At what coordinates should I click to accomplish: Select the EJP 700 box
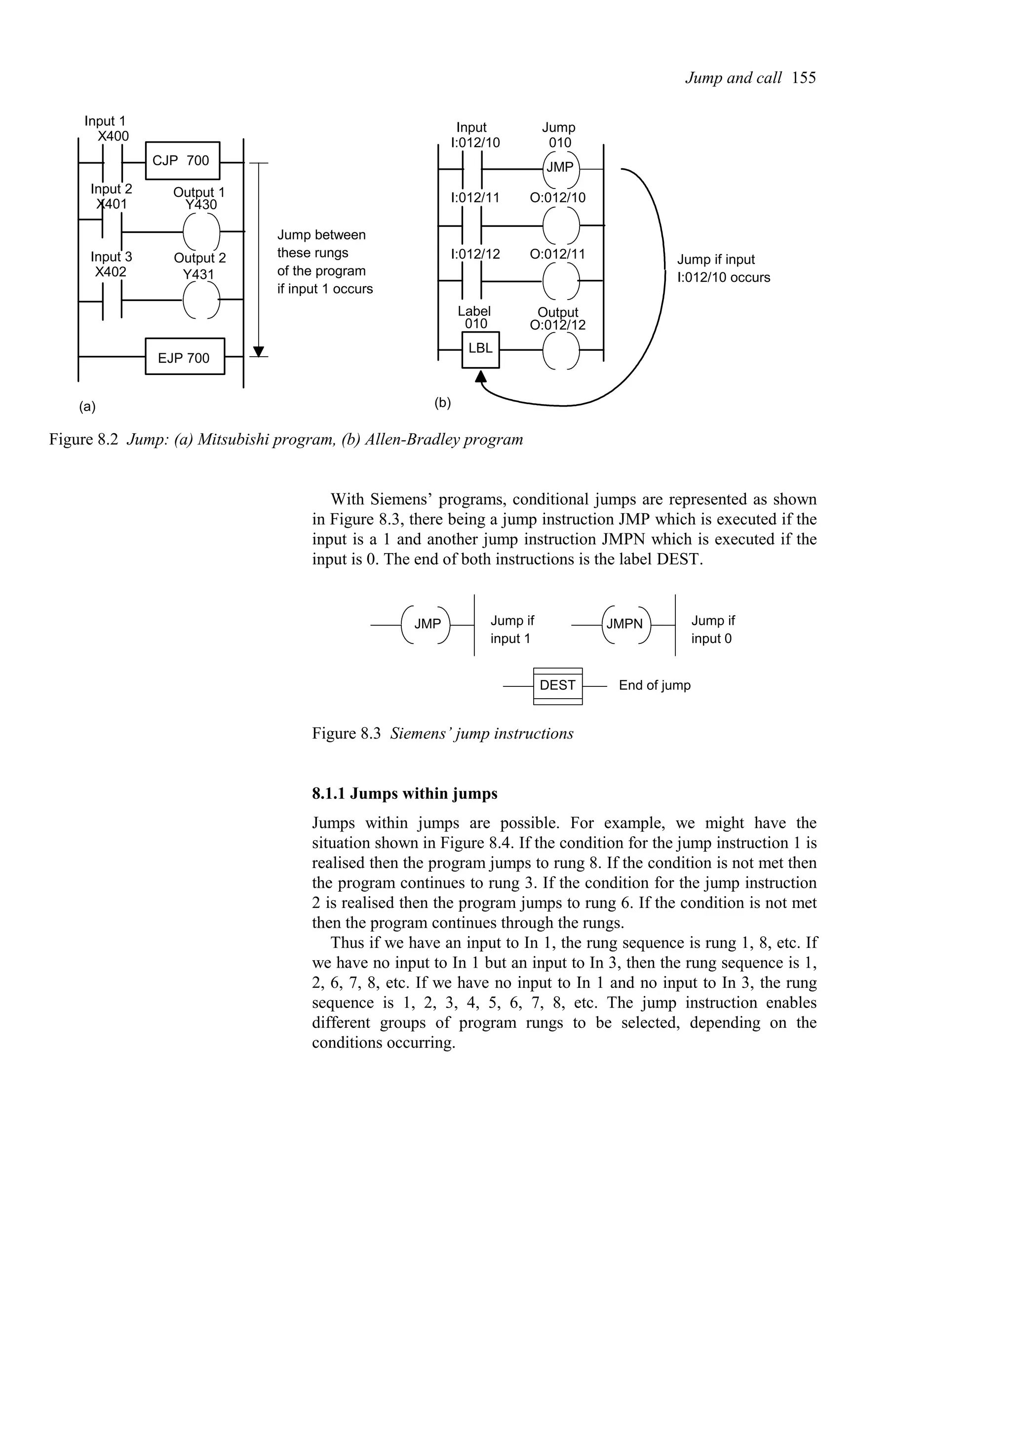(185, 357)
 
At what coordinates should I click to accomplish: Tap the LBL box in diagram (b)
(480, 349)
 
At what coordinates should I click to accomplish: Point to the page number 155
(804, 78)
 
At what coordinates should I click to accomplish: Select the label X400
(114, 136)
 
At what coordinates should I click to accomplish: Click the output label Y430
(200, 205)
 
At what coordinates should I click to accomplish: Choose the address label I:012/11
(475, 198)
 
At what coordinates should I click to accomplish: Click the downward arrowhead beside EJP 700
(259, 351)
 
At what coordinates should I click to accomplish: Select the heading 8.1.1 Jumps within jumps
(404, 794)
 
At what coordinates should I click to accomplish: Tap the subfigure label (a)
(87, 407)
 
